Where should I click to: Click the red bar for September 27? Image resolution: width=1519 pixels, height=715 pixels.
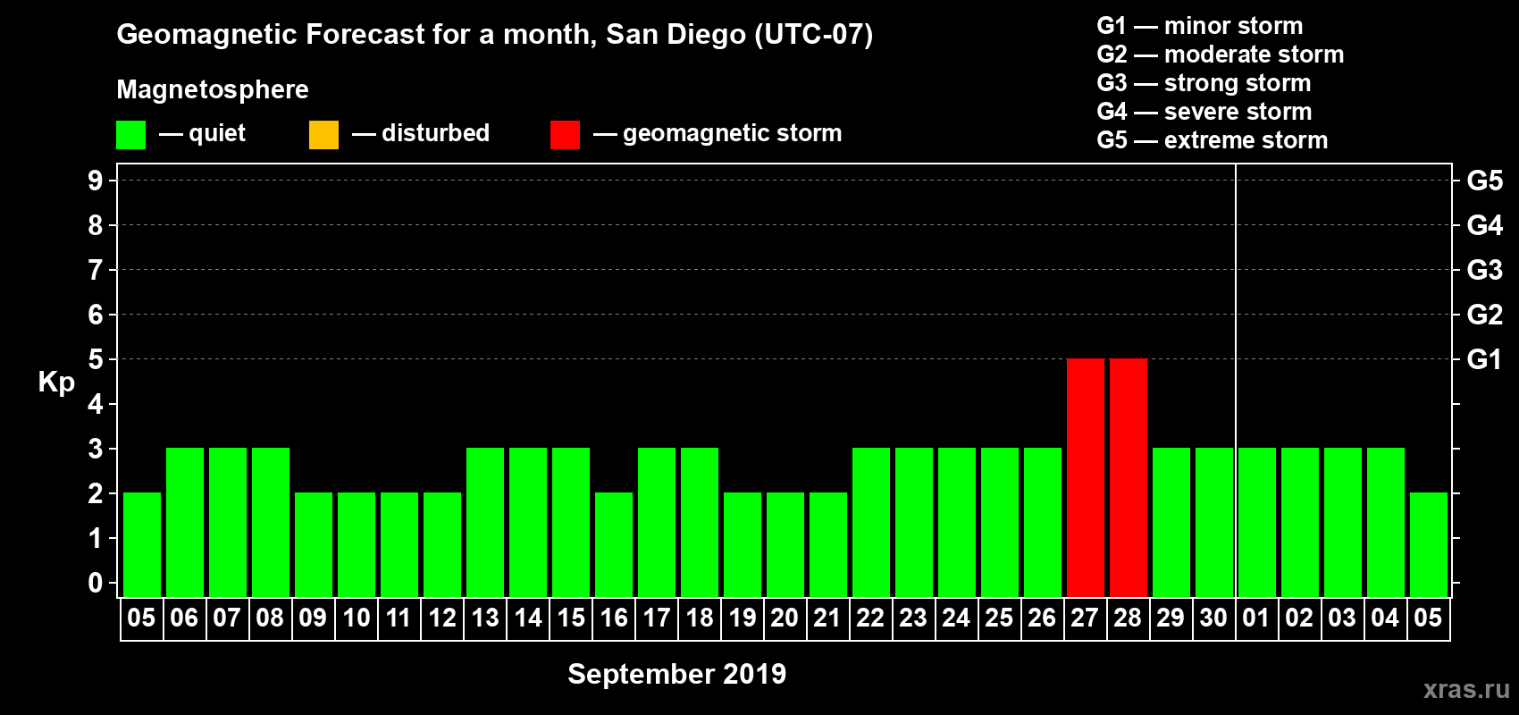pyautogui.click(x=1085, y=477)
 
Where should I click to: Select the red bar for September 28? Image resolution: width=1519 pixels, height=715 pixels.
pyautogui.click(x=1128, y=477)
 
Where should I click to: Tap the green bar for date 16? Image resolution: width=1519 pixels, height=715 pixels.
pyautogui.click(x=614, y=544)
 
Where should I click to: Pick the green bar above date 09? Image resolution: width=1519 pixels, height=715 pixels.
pyautogui.click(x=314, y=544)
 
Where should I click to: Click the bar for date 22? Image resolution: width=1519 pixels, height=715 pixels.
pyautogui.click(x=871, y=522)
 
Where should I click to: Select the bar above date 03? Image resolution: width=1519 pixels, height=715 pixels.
pyautogui.click(x=1343, y=522)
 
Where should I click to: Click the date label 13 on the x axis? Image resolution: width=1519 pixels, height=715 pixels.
pyautogui.click(x=485, y=618)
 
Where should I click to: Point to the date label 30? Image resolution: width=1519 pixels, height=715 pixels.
pyautogui.click(x=1213, y=618)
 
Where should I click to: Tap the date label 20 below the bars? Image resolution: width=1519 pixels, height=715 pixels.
pyautogui.click(x=785, y=618)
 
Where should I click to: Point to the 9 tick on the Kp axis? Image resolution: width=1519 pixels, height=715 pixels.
pyautogui.click(x=96, y=181)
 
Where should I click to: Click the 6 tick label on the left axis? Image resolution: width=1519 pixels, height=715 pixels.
pyautogui.click(x=96, y=315)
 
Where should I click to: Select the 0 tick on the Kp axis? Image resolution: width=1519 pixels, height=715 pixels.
pyautogui.click(x=96, y=583)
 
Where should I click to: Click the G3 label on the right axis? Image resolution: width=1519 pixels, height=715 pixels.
pyautogui.click(x=1484, y=270)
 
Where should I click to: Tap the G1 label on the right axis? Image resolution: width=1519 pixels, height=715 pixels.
pyautogui.click(x=1484, y=359)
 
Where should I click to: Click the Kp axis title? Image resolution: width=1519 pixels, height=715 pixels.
pyautogui.click(x=56, y=382)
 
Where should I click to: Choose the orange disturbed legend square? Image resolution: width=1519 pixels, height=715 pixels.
pyautogui.click(x=323, y=135)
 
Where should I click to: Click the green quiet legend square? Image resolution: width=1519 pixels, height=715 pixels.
pyautogui.click(x=130, y=135)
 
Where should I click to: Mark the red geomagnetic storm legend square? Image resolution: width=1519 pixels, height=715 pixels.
pyautogui.click(x=565, y=135)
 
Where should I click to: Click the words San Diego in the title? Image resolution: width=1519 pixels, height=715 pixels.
pyautogui.click(x=676, y=34)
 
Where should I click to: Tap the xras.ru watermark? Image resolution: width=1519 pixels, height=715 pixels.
pyautogui.click(x=1466, y=689)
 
